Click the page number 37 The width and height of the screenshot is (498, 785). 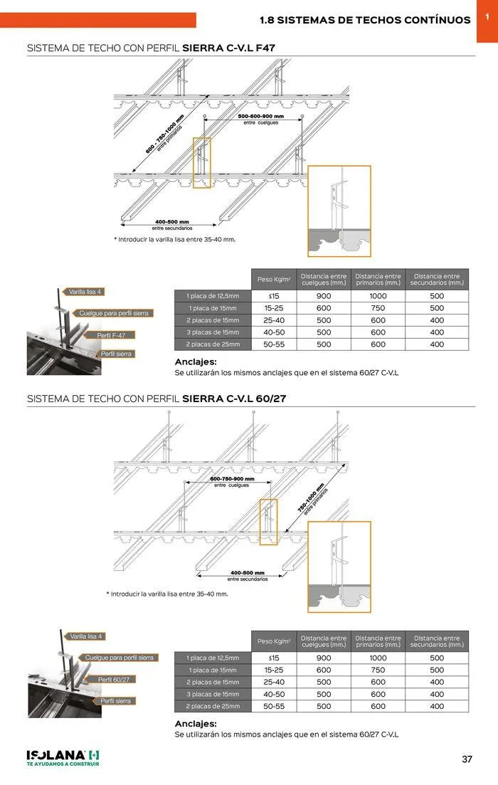click(467, 759)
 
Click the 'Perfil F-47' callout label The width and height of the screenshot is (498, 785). click(115, 334)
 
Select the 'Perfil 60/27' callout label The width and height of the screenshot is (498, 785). click(114, 680)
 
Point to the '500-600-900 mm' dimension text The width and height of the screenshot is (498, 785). click(260, 116)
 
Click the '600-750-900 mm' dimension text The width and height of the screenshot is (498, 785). click(231, 479)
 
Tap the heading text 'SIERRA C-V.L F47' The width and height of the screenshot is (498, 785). click(228, 48)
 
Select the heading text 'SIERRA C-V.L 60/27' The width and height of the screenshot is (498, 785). click(234, 399)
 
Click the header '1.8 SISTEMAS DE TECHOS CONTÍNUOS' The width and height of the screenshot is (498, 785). click(365, 20)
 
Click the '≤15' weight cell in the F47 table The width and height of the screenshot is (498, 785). click(274, 296)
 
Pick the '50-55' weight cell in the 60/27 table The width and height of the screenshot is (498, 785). click(274, 707)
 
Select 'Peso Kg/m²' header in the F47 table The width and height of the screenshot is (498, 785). click(274, 280)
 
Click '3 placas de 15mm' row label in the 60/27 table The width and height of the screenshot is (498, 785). click(213, 694)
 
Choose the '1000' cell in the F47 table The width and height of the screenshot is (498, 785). click(378, 296)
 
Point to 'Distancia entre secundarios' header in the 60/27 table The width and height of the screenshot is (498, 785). click(437, 641)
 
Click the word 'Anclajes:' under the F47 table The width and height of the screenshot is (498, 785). click(196, 362)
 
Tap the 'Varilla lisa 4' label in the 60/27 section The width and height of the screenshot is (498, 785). click(85, 636)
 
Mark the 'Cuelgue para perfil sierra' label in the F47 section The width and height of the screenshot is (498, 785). click(115, 313)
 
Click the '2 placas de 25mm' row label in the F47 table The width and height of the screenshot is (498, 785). click(213, 344)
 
